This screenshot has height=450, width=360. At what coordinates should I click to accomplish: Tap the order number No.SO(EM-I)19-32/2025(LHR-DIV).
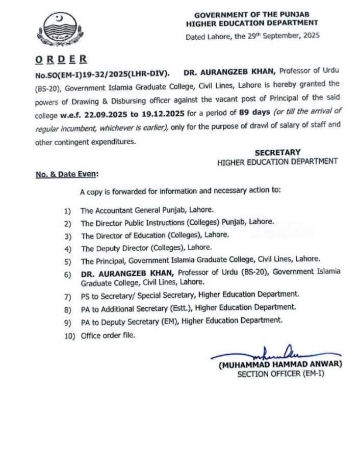point(102,73)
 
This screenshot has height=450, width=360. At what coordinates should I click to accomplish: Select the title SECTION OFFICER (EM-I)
point(280,374)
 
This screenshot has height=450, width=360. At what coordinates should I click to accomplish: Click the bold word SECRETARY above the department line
point(277,152)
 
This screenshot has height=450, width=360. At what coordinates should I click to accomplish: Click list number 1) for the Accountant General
point(68,209)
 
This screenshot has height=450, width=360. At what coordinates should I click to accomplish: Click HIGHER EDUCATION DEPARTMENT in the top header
point(252,23)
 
